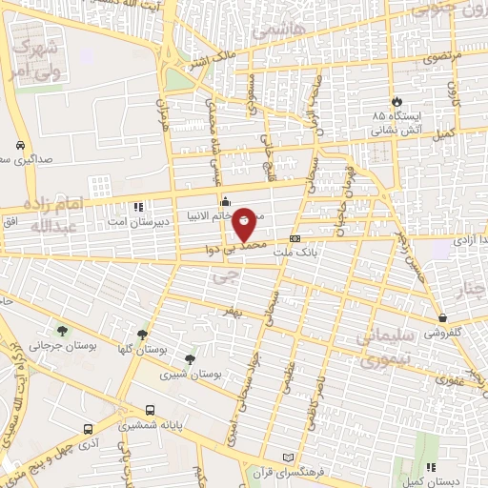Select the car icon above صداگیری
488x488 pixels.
click(x=19, y=146)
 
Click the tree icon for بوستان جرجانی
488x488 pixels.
click(x=62, y=331)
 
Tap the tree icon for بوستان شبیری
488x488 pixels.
click(x=191, y=359)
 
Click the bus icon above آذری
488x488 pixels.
click(x=88, y=431)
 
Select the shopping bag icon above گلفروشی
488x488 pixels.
click(x=443, y=317)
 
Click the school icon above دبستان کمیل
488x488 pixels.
click(x=431, y=467)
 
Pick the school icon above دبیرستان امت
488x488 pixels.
click(x=138, y=206)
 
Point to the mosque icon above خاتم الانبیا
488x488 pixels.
click(x=225, y=201)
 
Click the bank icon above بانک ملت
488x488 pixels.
click(x=295, y=238)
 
